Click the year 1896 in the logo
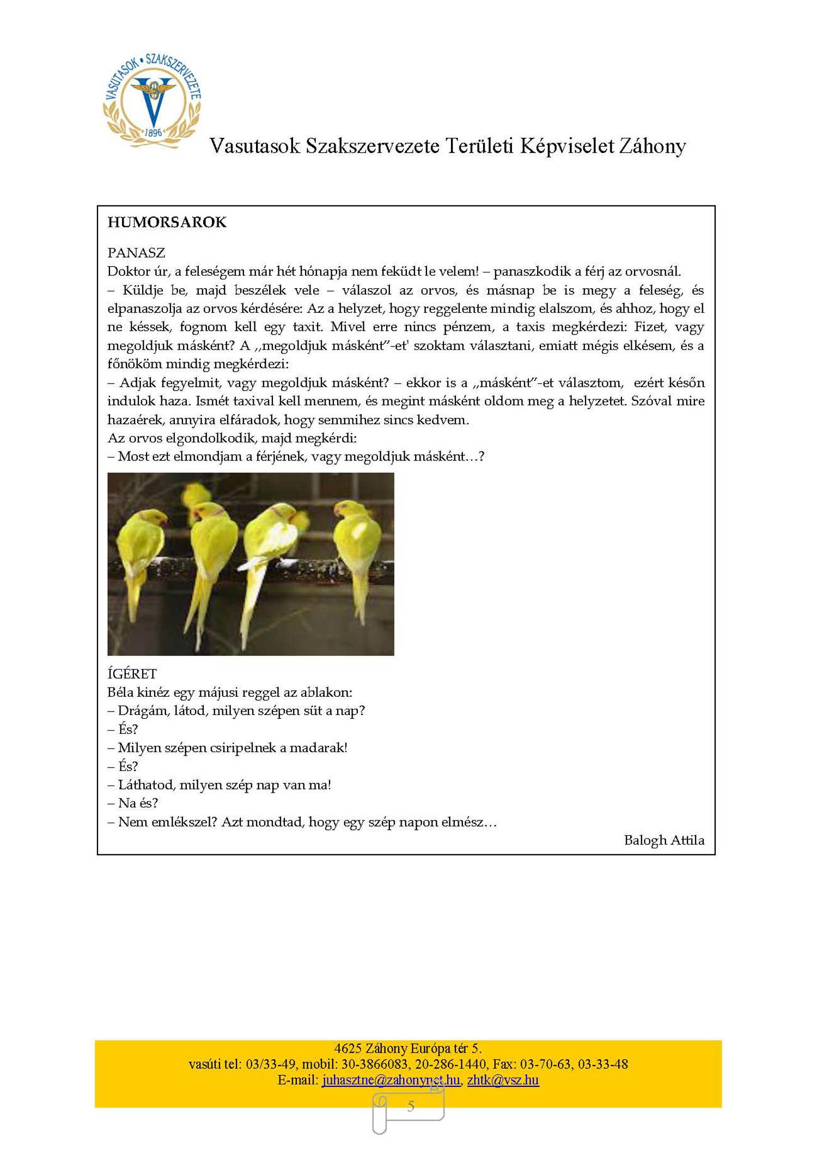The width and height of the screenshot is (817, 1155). [154, 132]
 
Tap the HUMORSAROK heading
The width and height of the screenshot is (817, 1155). [167, 222]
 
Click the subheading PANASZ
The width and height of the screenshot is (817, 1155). [136, 253]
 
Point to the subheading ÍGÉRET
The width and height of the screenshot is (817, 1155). [132, 673]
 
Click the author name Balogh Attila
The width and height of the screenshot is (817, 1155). [664, 840]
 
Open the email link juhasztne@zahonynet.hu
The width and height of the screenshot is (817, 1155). [391, 1080]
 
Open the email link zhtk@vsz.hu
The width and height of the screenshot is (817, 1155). [503, 1080]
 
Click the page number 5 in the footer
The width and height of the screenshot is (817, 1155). [411, 1106]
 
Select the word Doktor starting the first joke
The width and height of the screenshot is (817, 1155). [129, 271]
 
